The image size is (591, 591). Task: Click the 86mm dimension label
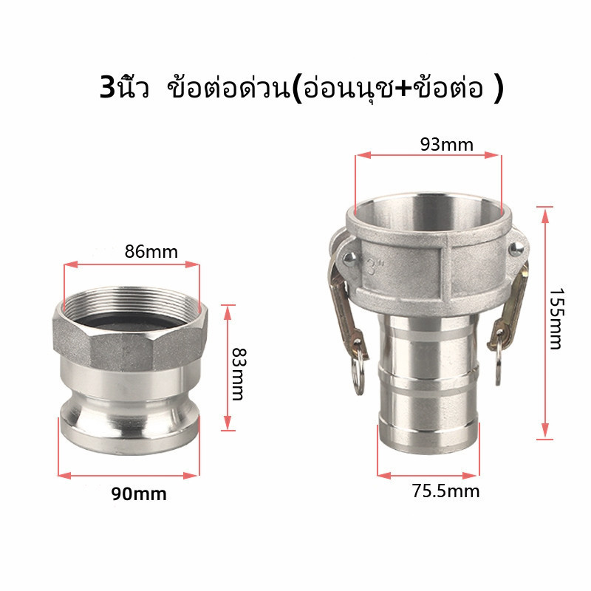coord(151,252)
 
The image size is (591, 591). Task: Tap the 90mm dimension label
coord(139,493)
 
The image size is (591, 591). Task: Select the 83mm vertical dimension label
coord(238,374)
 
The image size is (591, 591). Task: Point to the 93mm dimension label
coord(447,145)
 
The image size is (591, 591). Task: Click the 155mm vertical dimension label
coord(556,319)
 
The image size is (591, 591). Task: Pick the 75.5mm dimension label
coord(445,491)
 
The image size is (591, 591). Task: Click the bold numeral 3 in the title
coord(107,88)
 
